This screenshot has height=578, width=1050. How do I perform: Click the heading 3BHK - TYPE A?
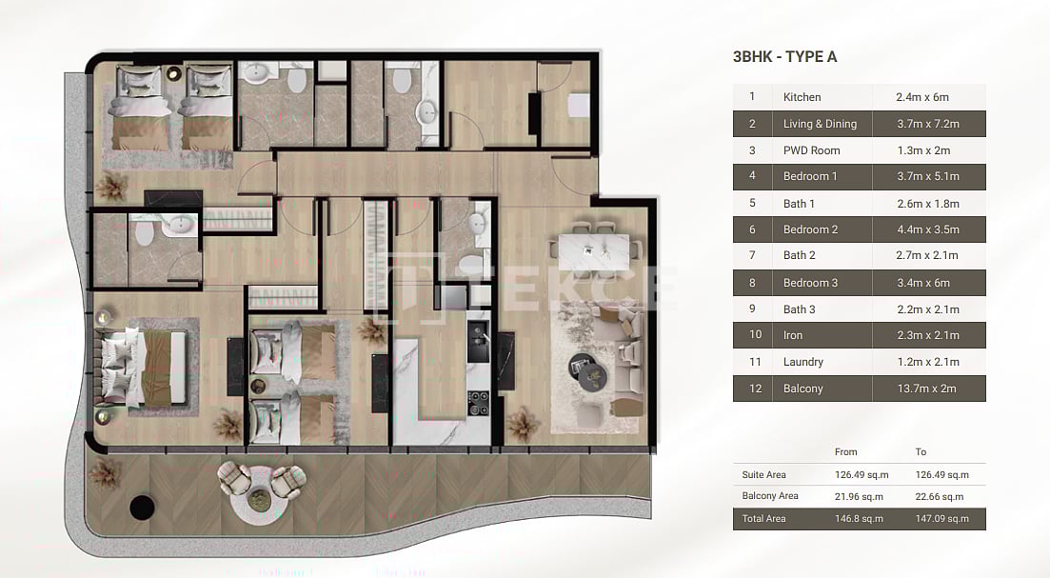click(x=784, y=56)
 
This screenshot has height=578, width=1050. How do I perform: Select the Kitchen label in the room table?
click(x=802, y=97)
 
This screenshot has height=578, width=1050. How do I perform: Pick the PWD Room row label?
click(x=809, y=150)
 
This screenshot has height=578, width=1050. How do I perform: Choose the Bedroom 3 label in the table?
click(x=810, y=283)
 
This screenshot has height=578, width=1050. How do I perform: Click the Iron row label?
click(x=793, y=335)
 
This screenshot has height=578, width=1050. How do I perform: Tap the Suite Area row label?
click(x=763, y=474)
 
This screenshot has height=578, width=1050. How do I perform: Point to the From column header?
click(x=845, y=452)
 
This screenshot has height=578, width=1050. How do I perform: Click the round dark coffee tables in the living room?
click(x=589, y=370)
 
